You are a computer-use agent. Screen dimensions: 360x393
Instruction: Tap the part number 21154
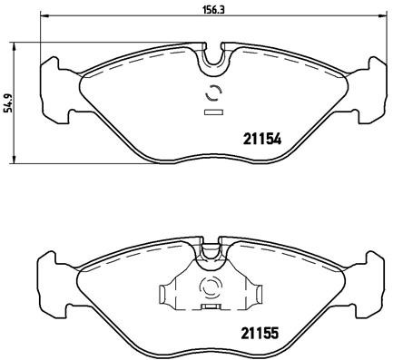tap(261, 140)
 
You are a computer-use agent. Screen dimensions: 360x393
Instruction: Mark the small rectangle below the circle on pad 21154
tap(215, 112)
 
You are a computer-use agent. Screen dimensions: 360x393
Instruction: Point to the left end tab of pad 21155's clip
tap(164, 295)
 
